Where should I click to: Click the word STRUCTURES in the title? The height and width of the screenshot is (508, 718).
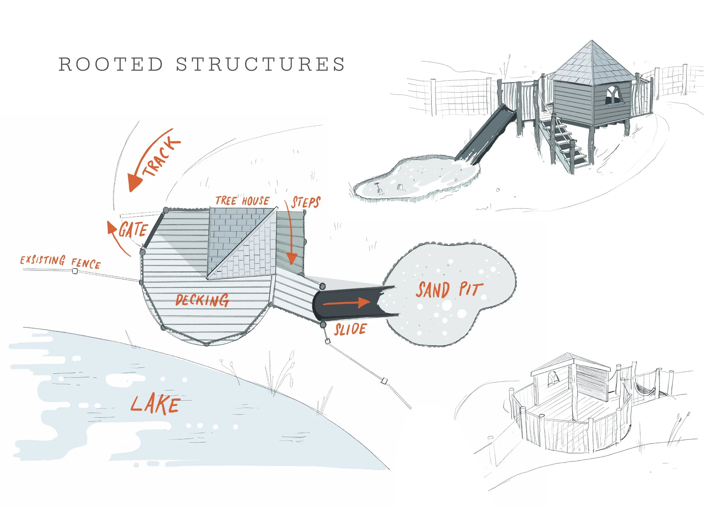pos(260,64)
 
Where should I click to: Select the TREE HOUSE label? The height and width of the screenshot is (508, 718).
pos(242,201)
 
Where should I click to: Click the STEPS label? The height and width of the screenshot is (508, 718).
pos(306,202)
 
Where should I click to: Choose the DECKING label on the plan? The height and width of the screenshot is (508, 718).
pos(202,300)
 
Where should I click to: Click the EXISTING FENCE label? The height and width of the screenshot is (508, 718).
pos(60,262)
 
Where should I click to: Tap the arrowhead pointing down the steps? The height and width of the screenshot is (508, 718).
pos(292,259)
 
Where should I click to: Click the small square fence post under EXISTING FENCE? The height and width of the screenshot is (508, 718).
pos(75,271)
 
